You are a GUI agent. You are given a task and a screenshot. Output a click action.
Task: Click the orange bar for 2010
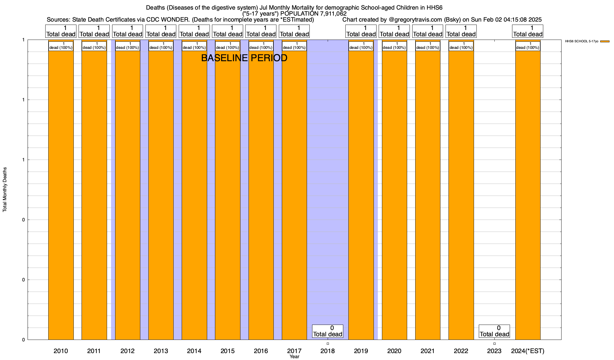pyautogui.click(x=61, y=195)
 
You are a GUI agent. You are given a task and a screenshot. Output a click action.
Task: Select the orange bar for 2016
pyautogui.click(x=261, y=195)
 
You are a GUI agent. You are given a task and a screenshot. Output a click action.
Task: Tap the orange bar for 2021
pyautogui.click(x=428, y=195)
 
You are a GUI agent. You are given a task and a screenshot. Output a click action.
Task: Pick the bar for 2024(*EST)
pyautogui.click(x=528, y=195)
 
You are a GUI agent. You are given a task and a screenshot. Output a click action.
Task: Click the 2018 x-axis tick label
pyautogui.click(x=328, y=351)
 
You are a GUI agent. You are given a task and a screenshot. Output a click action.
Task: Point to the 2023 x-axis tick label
pyautogui.click(x=494, y=351)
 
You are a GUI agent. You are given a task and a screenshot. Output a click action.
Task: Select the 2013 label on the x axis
pyautogui.click(x=161, y=351)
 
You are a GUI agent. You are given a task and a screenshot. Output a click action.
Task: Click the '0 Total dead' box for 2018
pyautogui.click(x=328, y=331)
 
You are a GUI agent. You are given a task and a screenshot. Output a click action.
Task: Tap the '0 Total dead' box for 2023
pyautogui.click(x=494, y=331)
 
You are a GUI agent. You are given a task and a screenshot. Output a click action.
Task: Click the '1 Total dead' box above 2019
pyautogui.click(x=361, y=31)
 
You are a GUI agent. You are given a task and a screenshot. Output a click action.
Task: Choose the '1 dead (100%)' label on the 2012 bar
pyautogui.click(x=127, y=46)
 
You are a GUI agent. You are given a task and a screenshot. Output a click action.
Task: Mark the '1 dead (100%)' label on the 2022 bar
pyautogui.click(x=461, y=46)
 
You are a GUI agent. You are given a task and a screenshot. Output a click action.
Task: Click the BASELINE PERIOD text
pyautogui.click(x=244, y=58)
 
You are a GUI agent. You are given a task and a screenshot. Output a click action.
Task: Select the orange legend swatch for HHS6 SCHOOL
pyautogui.click(x=605, y=41)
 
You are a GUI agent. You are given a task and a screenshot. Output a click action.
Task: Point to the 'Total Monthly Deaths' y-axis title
pyautogui.click(x=5, y=190)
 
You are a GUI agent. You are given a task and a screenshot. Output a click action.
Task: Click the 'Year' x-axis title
pyautogui.click(x=294, y=357)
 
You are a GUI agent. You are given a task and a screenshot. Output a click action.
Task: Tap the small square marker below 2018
pyautogui.click(x=328, y=344)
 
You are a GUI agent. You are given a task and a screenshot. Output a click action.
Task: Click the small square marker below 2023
pyautogui.click(x=494, y=344)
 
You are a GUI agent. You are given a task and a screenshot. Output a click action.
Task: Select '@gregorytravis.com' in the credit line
pyautogui.click(x=415, y=20)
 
